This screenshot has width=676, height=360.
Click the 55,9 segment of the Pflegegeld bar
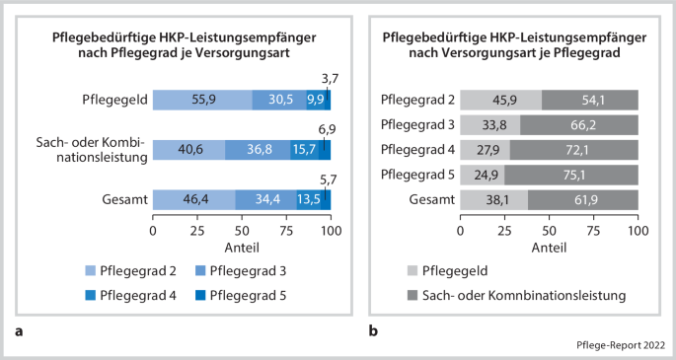tap(202, 100)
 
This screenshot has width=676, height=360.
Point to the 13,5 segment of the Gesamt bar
tap(310, 199)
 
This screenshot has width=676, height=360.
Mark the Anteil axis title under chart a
tap(241, 247)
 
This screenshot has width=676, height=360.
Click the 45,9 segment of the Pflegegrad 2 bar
tap(500, 100)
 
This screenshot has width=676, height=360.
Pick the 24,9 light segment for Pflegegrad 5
tap(483, 175)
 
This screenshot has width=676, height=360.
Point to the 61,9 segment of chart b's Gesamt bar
tap(583, 200)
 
